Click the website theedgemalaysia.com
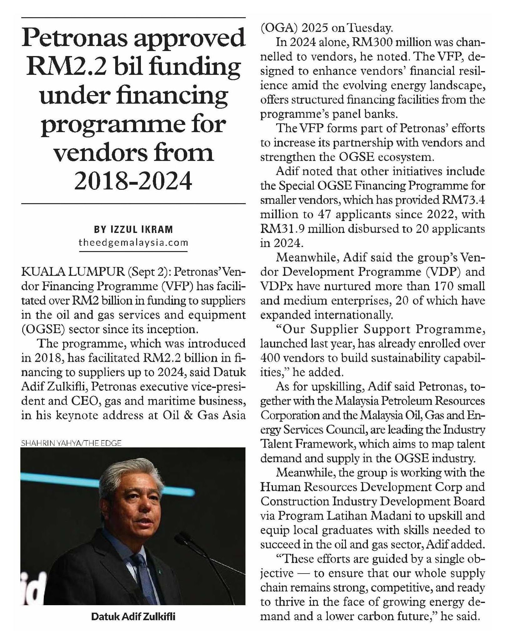(x=133, y=242)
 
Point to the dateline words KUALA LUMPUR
(x=72, y=272)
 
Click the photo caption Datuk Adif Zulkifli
(x=133, y=617)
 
